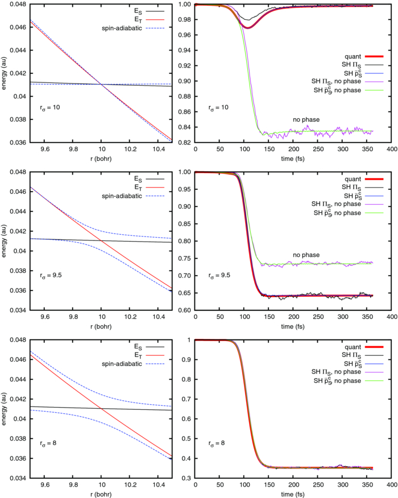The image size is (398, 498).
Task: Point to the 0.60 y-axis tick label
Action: coord(185,310)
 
